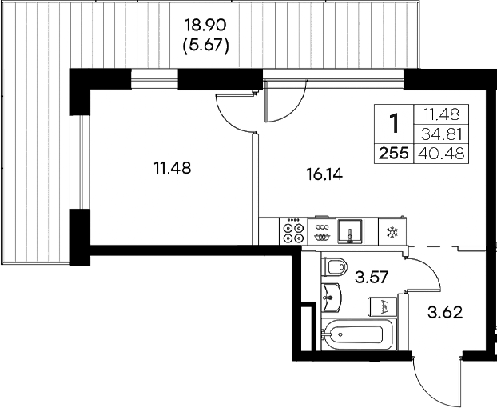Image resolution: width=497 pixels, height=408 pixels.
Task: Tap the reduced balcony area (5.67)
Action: click(x=206, y=46)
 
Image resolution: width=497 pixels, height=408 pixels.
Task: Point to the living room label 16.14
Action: click(x=324, y=174)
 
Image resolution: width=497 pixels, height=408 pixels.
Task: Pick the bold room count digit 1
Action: click(x=393, y=124)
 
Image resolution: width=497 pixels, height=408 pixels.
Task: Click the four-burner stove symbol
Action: click(x=293, y=232)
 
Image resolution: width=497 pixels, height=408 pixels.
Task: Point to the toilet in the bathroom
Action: click(x=335, y=265)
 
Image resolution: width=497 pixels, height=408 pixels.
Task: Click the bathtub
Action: click(x=356, y=335)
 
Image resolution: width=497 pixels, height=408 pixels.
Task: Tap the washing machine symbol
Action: click(x=380, y=306)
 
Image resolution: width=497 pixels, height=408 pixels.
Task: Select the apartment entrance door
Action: click(x=439, y=380)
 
